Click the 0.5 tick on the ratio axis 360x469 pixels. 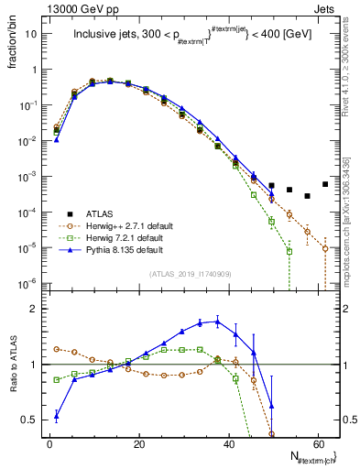click(x=30, y=420)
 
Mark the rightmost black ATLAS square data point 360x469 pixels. click(x=325, y=184)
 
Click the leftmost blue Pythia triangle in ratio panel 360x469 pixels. click(x=57, y=416)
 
